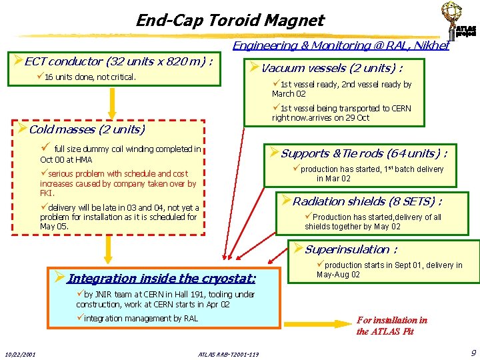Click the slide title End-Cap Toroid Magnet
pyautogui.click(x=229, y=20)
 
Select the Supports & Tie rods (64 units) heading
pyautogui.click(x=357, y=153)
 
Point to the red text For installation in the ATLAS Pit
pyautogui.click(x=391, y=325)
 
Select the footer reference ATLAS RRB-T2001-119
pyautogui.click(x=229, y=353)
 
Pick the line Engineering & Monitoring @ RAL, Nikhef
pyautogui.click(x=340, y=45)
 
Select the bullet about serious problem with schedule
pyautogui.click(x=119, y=183)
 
